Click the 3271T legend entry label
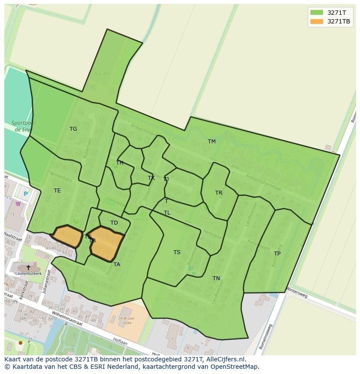click(x=337, y=13)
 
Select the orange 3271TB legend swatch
click(x=317, y=21)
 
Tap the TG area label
click(x=73, y=129)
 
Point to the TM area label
click(x=212, y=142)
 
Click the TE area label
click(x=57, y=191)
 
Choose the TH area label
click(x=120, y=163)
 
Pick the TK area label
click(x=151, y=178)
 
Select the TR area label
click(x=219, y=193)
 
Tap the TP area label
click(x=277, y=254)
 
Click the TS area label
click(x=177, y=252)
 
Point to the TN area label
click(x=216, y=278)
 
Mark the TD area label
click(x=114, y=223)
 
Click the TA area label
click(x=117, y=265)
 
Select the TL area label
click(x=167, y=213)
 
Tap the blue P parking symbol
click(x=26, y=194)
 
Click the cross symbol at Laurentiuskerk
click(x=28, y=268)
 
